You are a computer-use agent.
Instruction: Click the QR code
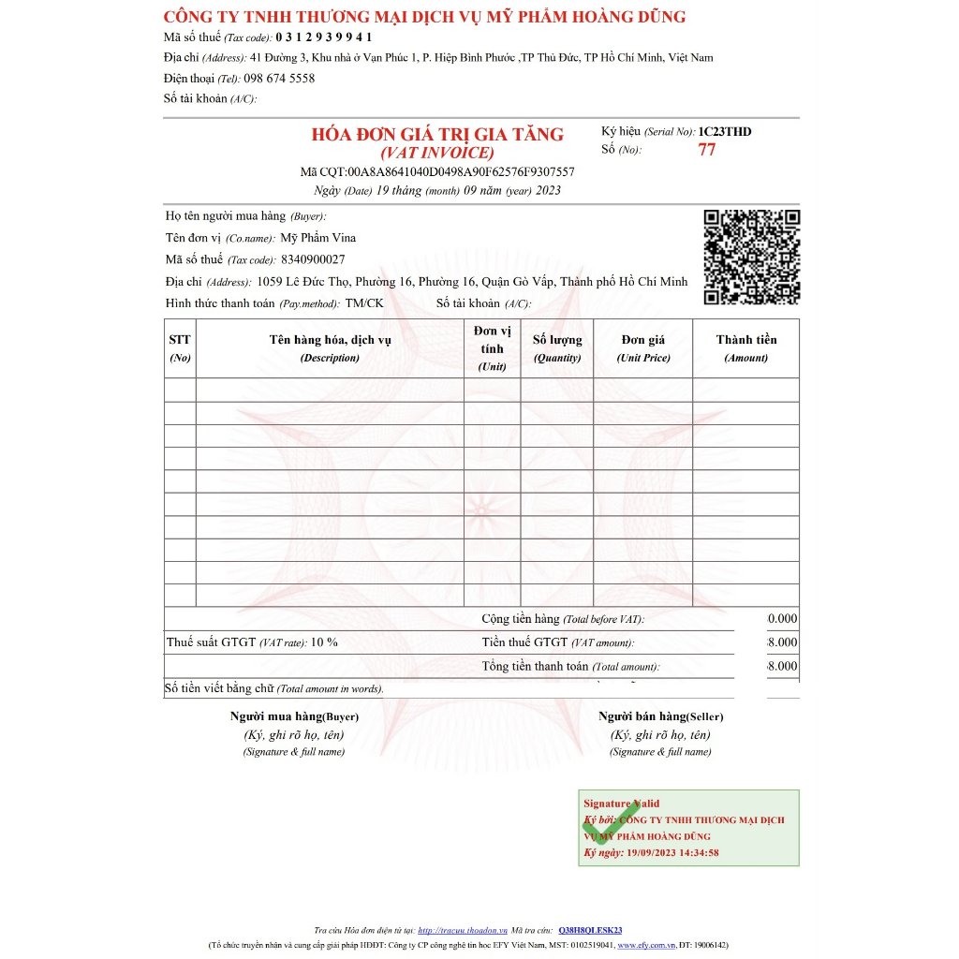752,258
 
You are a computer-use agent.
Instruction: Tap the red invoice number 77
707,150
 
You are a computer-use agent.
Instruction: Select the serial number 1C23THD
725,132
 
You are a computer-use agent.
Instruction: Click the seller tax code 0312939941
323,37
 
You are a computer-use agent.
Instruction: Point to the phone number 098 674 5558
279,79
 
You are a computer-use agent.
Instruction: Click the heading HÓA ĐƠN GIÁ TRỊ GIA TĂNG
437,135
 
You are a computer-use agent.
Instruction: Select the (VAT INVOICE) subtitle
437,153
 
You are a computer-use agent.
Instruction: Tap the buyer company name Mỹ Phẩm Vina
318,238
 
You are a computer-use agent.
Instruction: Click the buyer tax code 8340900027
313,259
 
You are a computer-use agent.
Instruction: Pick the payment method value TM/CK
364,303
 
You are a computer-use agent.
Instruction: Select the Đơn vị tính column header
492,348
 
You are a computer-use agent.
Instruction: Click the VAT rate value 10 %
324,642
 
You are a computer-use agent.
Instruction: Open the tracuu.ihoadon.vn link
462,930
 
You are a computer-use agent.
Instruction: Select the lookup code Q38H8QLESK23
590,930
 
